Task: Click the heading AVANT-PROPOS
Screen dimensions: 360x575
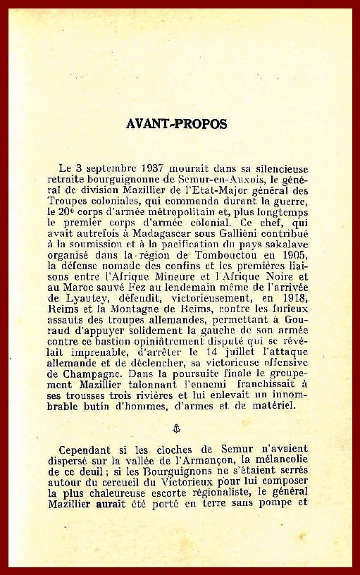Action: pyautogui.click(x=177, y=123)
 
